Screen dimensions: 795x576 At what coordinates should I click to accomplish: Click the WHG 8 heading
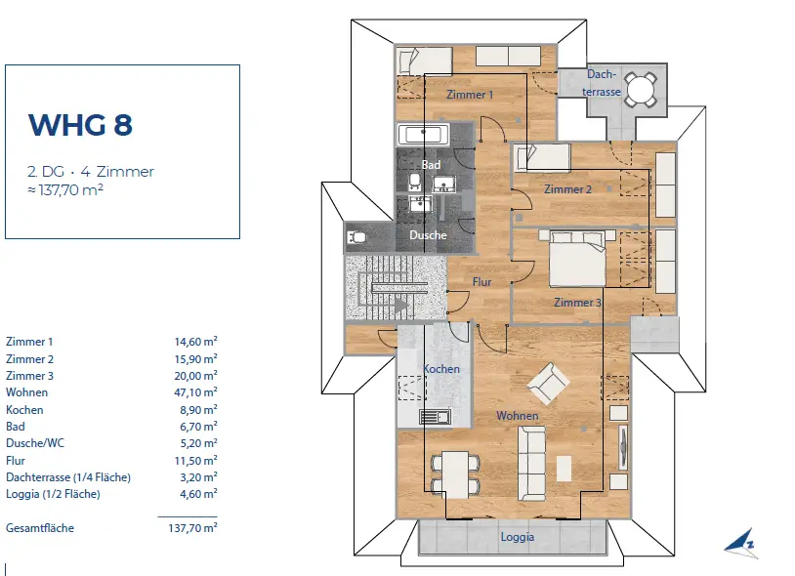80,125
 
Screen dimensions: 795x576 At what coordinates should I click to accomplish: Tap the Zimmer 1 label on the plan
470,95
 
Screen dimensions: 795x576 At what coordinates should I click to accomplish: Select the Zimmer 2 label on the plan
567,189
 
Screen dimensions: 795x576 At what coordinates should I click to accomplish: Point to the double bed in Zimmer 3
578,260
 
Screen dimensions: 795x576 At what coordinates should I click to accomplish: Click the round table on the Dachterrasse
641,90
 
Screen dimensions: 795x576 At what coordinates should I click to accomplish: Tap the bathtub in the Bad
423,135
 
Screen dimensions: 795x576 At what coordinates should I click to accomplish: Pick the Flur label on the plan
481,282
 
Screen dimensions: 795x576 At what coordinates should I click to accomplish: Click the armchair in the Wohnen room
547,384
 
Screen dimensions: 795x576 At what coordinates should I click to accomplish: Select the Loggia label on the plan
518,537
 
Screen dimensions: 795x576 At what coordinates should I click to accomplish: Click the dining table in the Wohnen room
455,474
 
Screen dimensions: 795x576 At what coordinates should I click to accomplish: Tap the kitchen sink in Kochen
435,417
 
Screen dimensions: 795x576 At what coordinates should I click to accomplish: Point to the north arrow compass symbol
741,544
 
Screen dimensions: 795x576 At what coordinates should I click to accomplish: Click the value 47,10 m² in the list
195,392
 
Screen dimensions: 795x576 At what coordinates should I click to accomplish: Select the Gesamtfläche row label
40,528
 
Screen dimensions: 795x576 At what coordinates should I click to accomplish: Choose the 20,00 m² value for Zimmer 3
195,376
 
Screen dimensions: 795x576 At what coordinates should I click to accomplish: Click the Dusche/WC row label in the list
35,443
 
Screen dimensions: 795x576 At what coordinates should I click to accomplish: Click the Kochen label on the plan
441,369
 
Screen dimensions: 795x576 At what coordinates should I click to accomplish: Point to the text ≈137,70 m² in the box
65,190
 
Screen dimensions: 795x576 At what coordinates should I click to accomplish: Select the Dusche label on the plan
428,235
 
